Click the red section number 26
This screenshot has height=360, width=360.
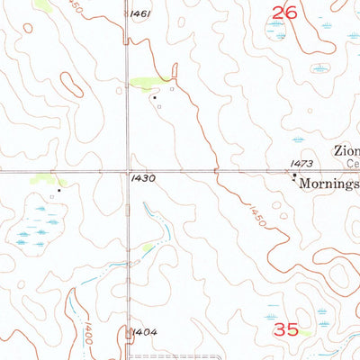pos(285,11)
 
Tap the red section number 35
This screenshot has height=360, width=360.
pos(285,330)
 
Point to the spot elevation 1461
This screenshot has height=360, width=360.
pos(139,14)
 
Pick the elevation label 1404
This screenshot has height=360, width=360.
pos(144,332)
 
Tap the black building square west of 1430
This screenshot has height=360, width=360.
pos(59,190)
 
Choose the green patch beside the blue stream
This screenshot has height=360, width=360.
pos(148,247)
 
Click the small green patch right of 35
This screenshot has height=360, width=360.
pos(307,332)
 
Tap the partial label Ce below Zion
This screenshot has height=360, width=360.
pos(352,165)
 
